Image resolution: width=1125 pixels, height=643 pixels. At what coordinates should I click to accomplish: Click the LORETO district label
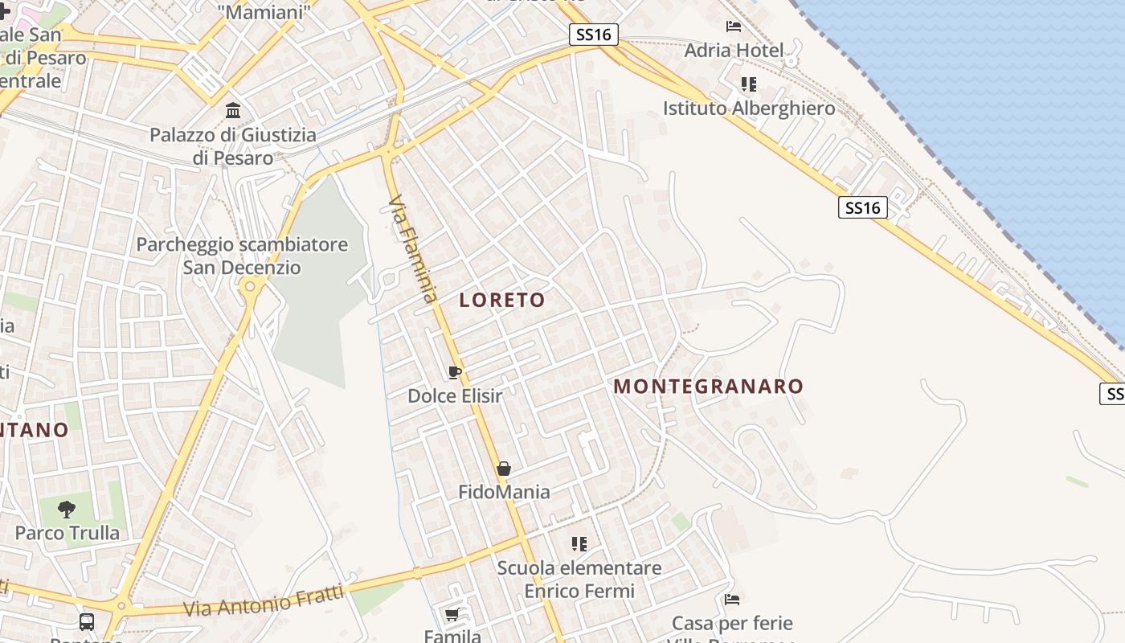click(502, 301)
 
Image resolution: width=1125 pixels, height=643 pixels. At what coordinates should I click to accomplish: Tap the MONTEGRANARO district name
click(708, 387)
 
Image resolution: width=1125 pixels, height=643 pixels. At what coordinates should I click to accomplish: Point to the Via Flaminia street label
click(413, 248)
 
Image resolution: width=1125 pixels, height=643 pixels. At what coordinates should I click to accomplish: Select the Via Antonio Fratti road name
click(264, 600)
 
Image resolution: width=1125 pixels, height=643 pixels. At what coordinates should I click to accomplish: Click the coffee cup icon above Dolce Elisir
click(454, 372)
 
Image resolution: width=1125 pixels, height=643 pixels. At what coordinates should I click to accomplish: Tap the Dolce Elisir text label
click(455, 396)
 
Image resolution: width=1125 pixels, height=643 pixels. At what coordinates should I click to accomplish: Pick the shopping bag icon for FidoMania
click(504, 469)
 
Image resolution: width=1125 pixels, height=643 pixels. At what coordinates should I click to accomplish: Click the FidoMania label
click(504, 492)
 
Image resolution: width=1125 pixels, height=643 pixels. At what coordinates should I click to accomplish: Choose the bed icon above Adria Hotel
click(734, 27)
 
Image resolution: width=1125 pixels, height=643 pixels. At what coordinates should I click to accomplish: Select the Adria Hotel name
click(734, 51)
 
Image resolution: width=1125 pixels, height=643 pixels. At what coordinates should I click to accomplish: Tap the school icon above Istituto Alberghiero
click(749, 84)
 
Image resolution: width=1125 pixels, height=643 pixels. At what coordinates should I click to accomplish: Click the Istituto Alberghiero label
click(749, 109)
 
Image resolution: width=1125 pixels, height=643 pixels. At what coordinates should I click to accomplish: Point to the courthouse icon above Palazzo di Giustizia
click(233, 110)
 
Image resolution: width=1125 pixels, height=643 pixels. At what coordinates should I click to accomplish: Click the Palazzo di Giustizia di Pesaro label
click(233, 146)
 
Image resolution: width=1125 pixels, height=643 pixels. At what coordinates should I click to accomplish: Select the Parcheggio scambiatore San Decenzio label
click(242, 256)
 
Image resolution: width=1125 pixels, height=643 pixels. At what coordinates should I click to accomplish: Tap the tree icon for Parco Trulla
click(67, 509)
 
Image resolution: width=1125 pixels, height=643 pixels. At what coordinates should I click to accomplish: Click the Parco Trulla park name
click(67, 533)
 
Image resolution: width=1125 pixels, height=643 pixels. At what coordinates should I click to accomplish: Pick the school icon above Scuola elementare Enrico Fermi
click(579, 544)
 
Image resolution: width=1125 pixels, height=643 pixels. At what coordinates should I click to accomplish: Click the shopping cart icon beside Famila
click(452, 615)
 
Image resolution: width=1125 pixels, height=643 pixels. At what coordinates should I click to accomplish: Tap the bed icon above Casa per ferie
click(732, 600)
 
